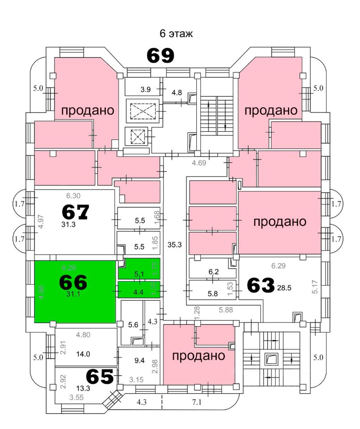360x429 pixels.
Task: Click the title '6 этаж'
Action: pyautogui.click(x=176, y=34)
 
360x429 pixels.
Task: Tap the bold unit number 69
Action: pyautogui.click(x=161, y=56)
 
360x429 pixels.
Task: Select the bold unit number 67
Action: pyautogui.click(x=76, y=211)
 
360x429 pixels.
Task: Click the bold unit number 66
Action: pyautogui.click(x=73, y=282)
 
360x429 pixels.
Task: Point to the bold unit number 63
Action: pyautogui.click(x=260, y=286)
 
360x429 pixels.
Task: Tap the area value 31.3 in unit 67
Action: pyautogui.click(x=68, y=225)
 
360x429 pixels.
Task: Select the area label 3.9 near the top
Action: pyautogui.click(x=145, y=89)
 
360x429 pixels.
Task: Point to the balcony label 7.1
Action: pyautogui.click(x=197, y=402)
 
